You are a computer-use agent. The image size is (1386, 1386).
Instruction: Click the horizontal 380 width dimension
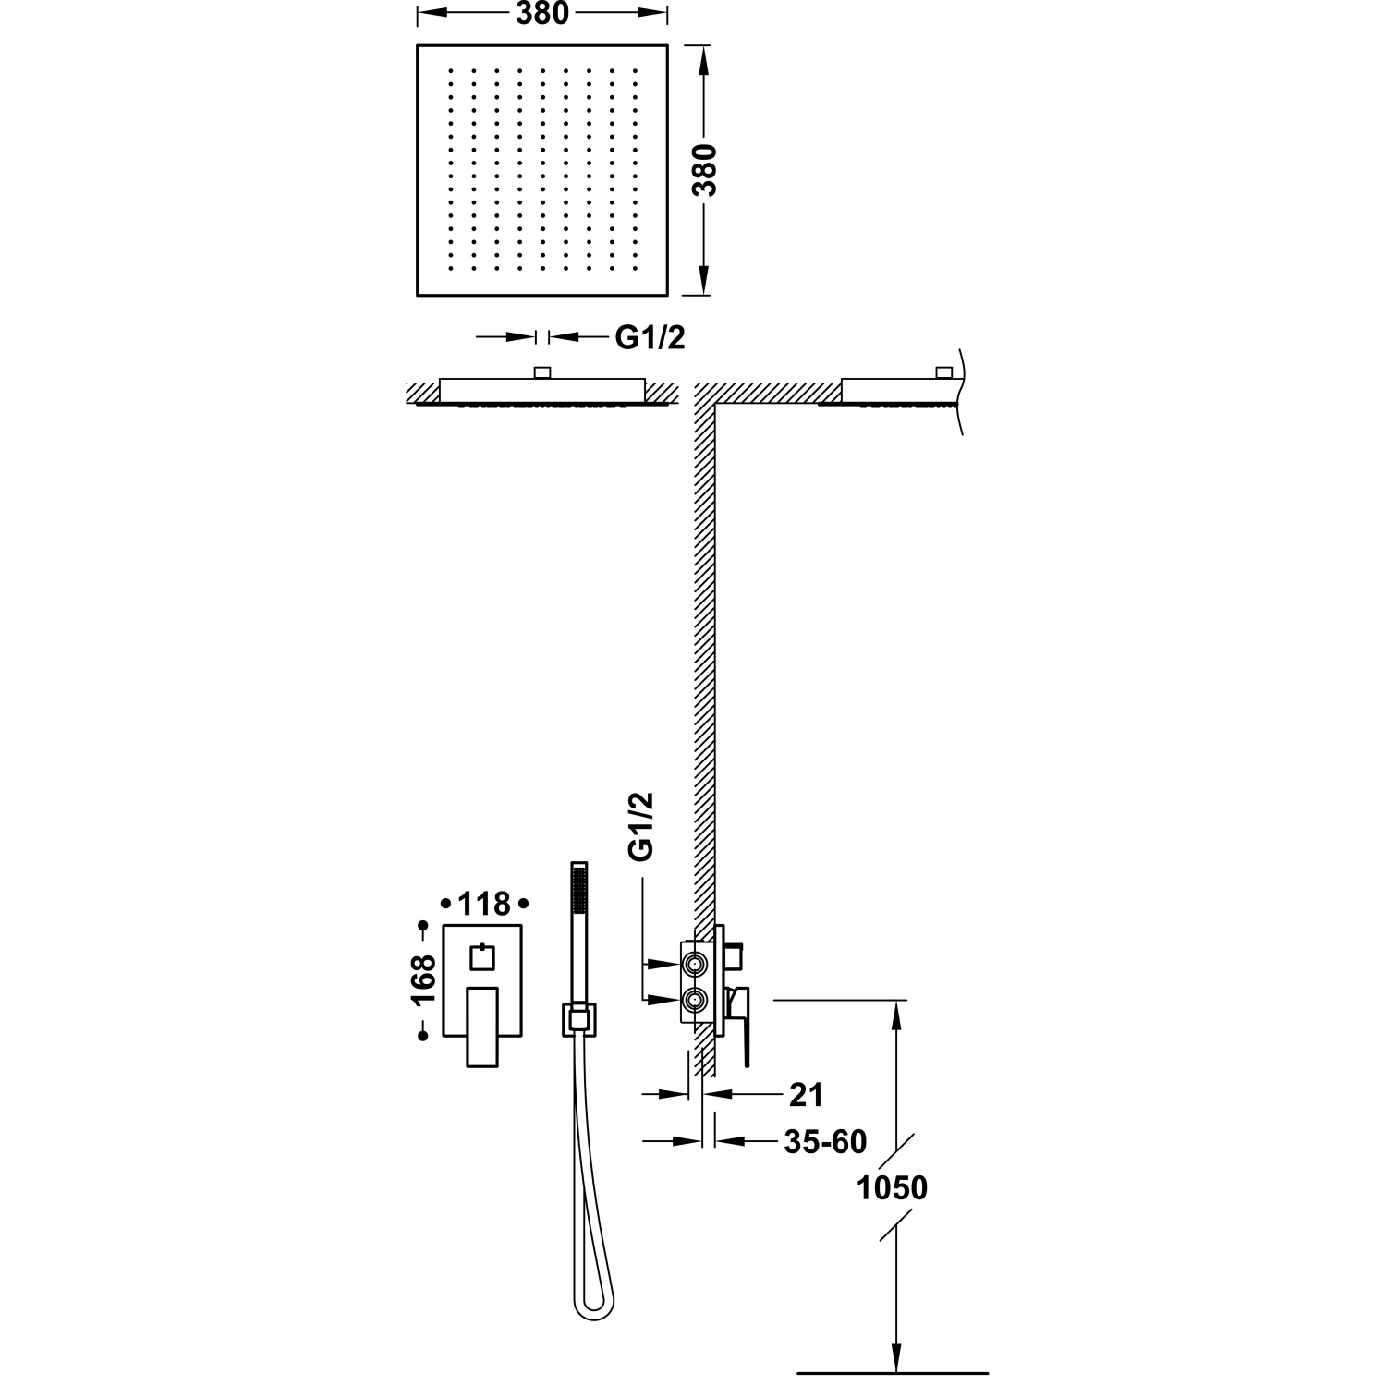click(541, 14)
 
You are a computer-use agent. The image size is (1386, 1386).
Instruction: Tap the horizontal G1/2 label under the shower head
click(650, 338)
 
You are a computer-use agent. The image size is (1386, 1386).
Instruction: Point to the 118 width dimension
click(484, 903)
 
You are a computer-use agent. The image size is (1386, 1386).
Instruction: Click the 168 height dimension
click(423, 980)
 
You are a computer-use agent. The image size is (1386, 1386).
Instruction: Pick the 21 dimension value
click(805, 1095)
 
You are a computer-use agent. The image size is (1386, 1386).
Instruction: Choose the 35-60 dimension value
click(825, 1142)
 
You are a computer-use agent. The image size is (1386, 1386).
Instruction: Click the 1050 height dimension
click(892, 1187)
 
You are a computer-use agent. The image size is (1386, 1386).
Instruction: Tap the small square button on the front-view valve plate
click(483, 957)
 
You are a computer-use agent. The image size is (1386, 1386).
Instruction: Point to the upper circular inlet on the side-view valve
click(694, 965)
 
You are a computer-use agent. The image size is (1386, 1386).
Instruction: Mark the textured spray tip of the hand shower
click(579, 893)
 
